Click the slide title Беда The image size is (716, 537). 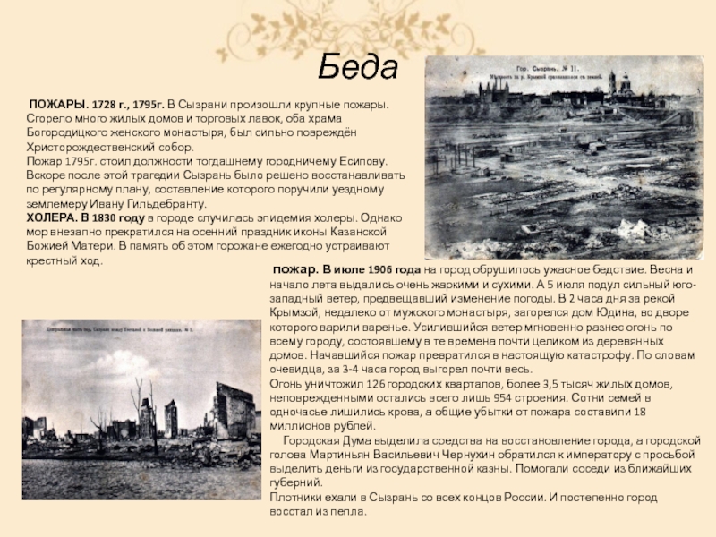click(x=358, y=66)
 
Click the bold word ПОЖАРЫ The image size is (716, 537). click(x=55, y=106)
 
